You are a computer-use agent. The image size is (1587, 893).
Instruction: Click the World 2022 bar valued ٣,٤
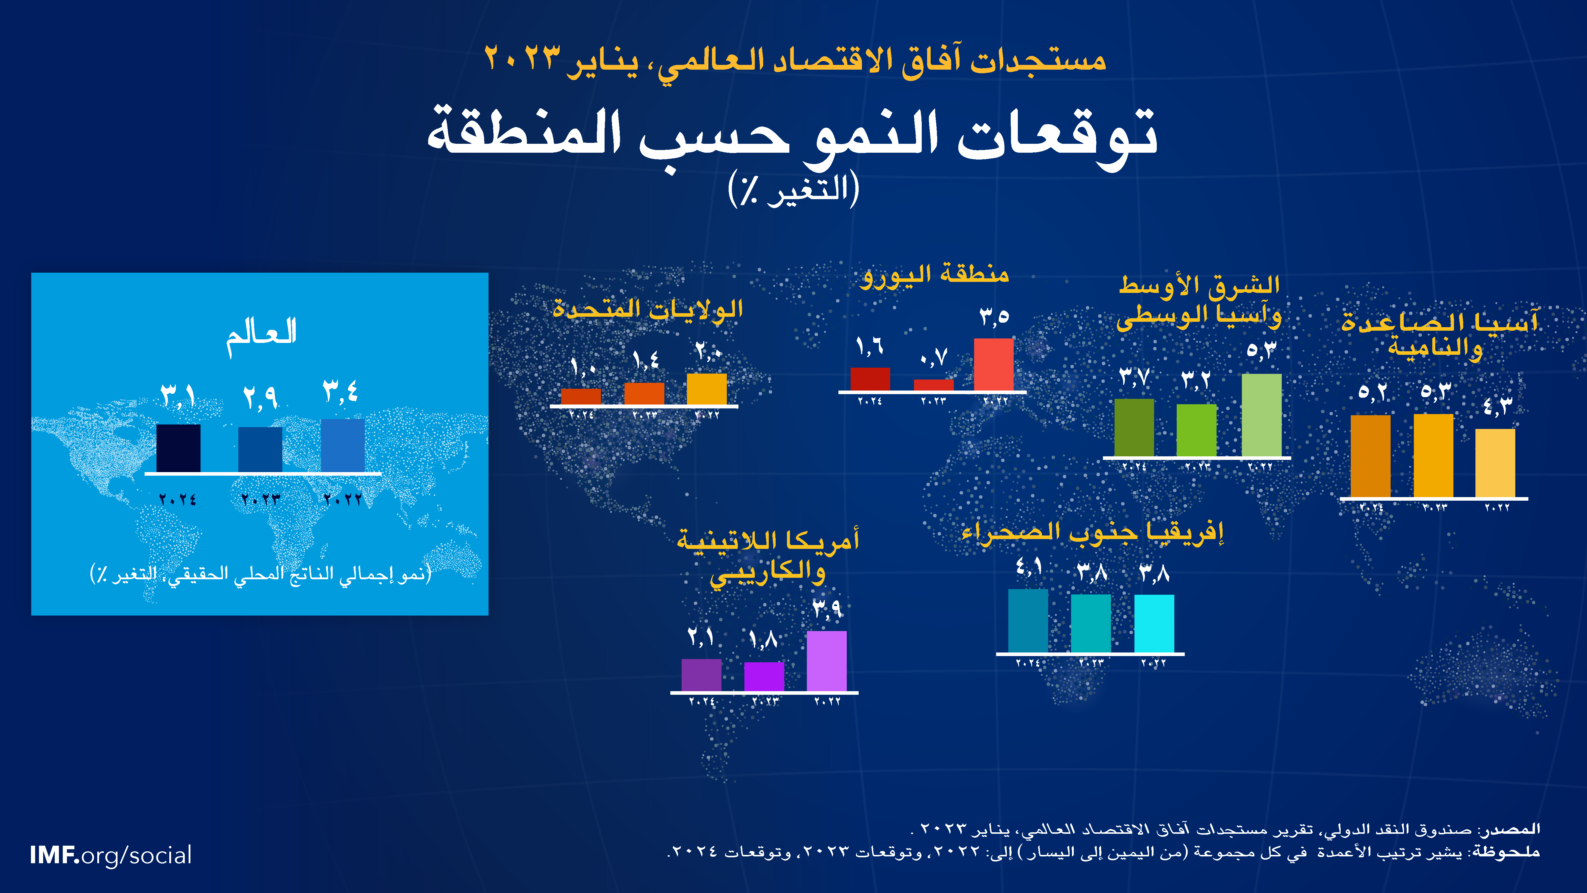click(x=342, y=446)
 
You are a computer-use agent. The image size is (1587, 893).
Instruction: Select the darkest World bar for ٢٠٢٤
click(x=178, y=448)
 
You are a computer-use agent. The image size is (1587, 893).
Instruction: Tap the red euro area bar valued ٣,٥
click(x=994, y=364)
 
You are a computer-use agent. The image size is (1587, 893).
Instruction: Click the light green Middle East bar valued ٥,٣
click(x=1262, y=415)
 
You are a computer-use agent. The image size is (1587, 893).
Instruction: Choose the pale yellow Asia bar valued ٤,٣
click(x=1495, y=463)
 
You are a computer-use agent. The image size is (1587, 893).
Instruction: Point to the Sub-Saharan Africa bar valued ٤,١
click(x=1028, y=621)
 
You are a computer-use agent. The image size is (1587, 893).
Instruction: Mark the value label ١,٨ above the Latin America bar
click(x=763, y=640)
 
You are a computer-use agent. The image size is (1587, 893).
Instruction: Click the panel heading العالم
click(x=261, y=336)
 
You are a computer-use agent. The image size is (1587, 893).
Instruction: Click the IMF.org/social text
click(x=111, y=855)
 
